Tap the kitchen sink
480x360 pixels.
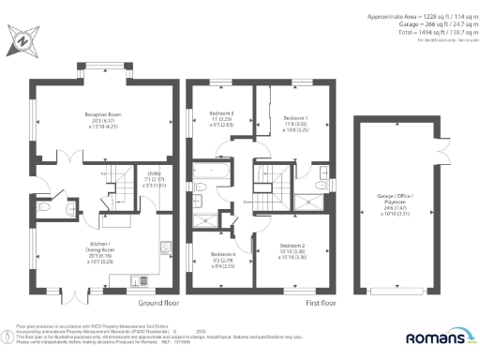(x=140, y=278)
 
